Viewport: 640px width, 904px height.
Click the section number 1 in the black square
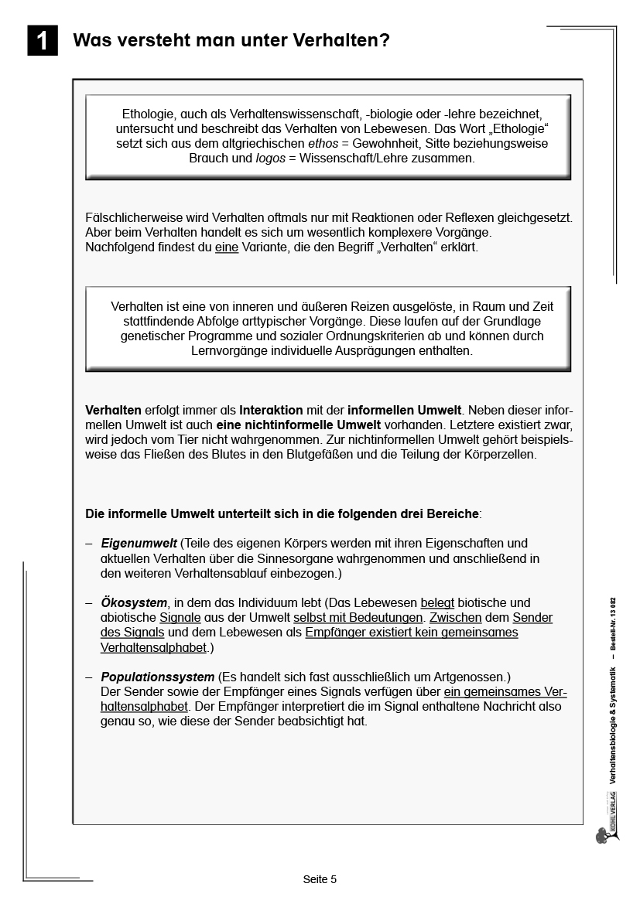click(x=43, y=40)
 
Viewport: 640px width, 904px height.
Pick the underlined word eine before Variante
click(x=226, y=248)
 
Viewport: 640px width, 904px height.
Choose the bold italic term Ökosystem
click(x=134, y=602)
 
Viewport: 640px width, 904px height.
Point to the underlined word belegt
click(x=437, y=602)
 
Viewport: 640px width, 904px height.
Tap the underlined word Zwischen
click(x=456, y=617)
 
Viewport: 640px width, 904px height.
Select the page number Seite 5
click(x=320, y=879)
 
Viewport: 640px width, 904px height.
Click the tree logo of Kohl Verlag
click(x=602, y=835)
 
